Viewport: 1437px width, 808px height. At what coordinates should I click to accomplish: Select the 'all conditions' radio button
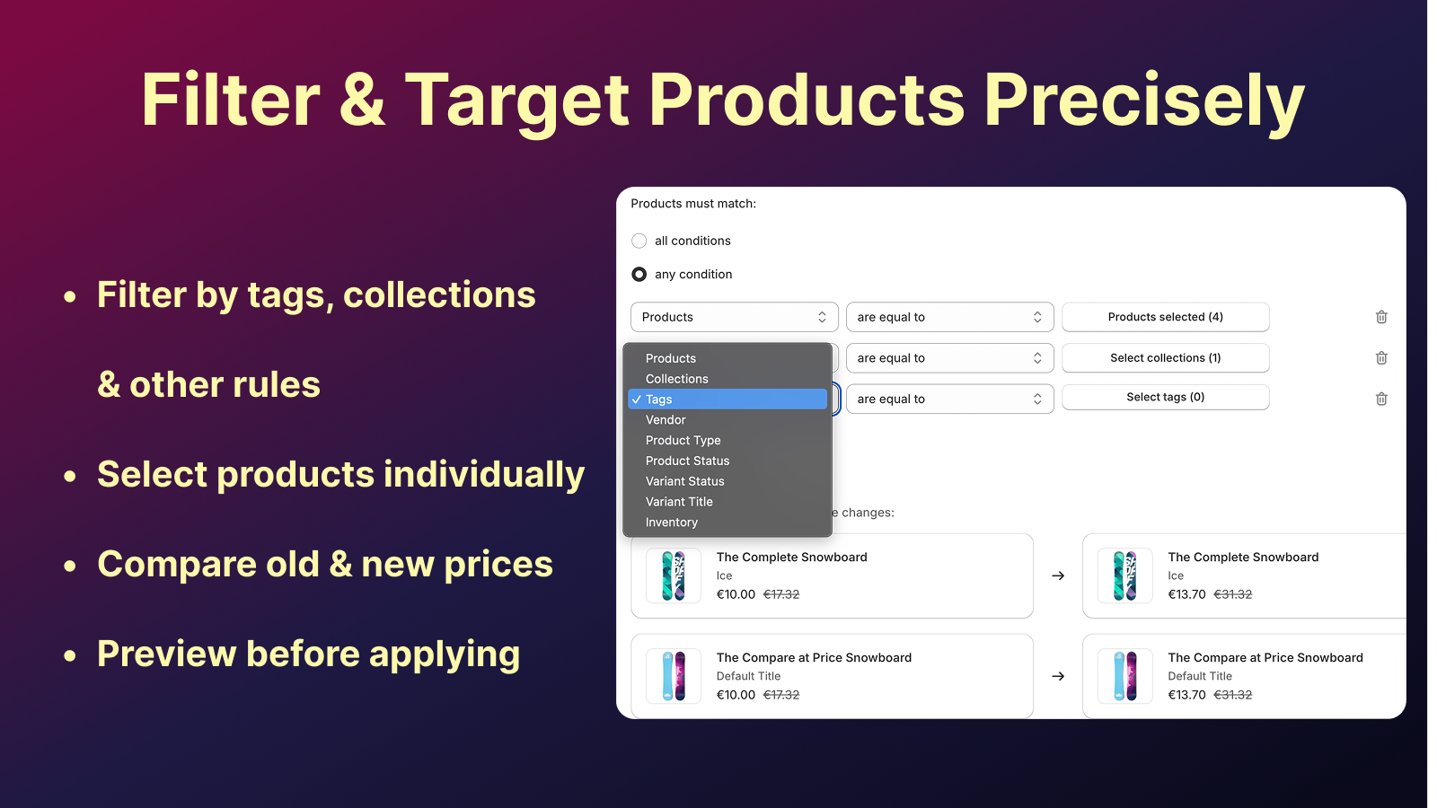point(639,242)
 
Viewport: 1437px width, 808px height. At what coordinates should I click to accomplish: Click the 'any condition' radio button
point(639,275)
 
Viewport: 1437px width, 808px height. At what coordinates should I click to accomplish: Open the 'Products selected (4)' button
point(1165,317)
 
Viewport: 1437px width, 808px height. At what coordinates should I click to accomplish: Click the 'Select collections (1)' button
point(1165,358)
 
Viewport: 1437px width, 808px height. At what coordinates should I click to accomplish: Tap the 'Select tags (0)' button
point(1165,398)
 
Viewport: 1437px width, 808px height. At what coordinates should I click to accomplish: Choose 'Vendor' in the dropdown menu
point(666,420)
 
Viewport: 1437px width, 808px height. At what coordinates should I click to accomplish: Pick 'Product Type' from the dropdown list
point(683,441)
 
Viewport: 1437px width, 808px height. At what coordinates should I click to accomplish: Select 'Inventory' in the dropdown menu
point(671,523)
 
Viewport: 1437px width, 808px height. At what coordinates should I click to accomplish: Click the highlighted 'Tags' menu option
point(727,400)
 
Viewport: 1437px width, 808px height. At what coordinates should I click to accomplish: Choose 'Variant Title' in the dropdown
point(679,502)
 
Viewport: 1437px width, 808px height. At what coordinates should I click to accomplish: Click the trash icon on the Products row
point(1381,317)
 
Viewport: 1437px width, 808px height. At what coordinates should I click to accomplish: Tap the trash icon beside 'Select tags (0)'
point(1381,399)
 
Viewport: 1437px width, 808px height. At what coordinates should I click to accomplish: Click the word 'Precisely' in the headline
point(1144,101)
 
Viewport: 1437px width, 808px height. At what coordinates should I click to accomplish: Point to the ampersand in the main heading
point(363,100)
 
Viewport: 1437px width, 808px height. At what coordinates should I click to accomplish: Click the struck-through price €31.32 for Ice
point(1232,594)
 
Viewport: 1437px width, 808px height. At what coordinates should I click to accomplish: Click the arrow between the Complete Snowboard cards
point(1058,575)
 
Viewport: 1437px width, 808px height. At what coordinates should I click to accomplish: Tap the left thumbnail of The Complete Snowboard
point(673,575)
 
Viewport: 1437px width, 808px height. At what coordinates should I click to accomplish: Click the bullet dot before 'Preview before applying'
point(70,655)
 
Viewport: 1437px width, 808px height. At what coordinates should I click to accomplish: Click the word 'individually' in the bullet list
point(484,475)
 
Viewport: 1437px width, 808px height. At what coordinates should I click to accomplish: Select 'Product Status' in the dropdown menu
point(687,461)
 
